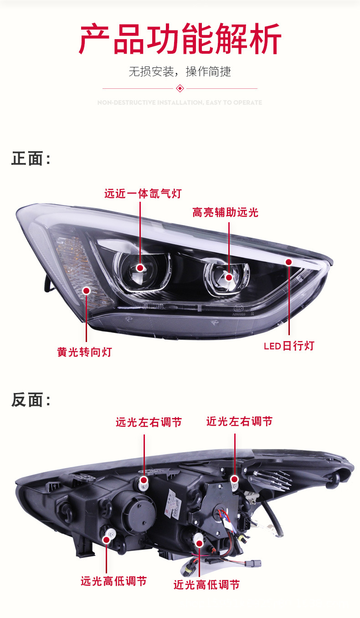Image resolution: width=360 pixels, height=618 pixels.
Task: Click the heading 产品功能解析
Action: point(180,40)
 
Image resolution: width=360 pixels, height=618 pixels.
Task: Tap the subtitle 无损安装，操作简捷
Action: point(180,72)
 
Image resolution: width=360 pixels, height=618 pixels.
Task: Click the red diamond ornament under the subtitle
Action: point(180,88)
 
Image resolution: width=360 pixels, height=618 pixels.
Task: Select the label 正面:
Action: point(31,159)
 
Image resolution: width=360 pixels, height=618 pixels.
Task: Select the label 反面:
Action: point(31,400)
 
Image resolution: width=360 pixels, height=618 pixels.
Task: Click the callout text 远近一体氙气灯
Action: point(143,194)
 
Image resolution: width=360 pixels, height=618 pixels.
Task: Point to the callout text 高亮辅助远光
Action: point(225,212)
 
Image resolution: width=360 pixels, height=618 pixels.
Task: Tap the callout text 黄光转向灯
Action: point(84,352)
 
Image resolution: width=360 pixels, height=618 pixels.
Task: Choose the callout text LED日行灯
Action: point(289,346)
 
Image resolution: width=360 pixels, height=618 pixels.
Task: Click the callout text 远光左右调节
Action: point(149,423)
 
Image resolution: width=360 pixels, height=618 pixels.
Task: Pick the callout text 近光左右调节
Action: point(239,421)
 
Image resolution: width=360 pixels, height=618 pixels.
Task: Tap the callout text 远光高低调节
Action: point(113,581)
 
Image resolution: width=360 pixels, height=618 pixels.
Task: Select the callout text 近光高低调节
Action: point(206,585)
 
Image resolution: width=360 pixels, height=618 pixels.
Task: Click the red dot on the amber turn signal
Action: point(86,290)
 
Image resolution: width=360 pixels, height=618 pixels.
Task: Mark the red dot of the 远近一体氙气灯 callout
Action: point(140,268)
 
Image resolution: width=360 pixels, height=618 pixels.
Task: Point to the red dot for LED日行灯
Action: point(288,262)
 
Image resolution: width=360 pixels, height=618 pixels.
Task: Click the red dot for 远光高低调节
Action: point(107,540)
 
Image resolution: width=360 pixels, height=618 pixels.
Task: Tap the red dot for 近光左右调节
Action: point(234,479)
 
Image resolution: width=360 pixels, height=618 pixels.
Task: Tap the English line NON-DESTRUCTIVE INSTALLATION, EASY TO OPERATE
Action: point(180,103)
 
